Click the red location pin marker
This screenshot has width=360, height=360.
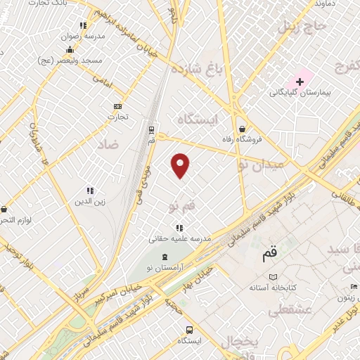pos(181,165)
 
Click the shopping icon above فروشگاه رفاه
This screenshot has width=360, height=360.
pos(243,129)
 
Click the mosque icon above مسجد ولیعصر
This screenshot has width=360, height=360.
pos(70,49)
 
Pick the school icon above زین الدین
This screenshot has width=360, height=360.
pos(90,191)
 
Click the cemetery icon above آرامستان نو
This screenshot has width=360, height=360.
pos(165,257)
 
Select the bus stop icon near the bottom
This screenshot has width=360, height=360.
pos(189,330)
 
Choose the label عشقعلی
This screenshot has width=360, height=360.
pos(280,309)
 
